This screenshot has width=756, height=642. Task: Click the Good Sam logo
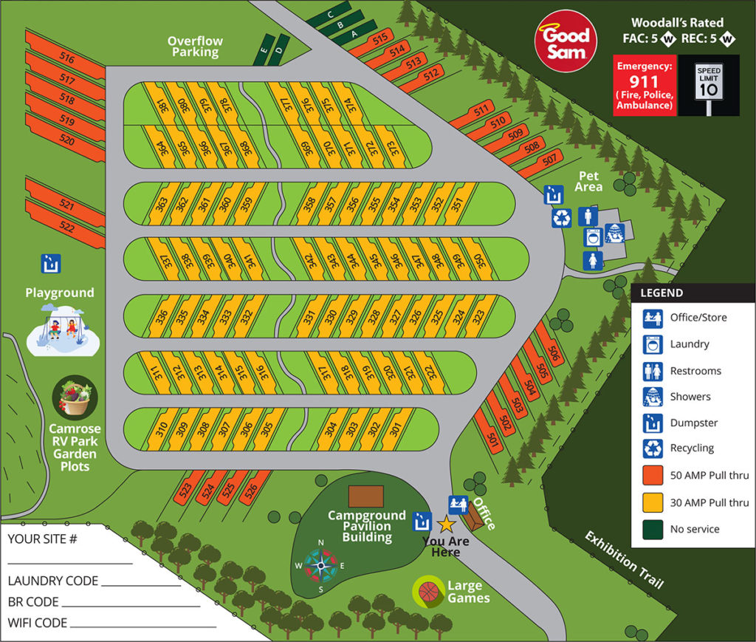[x=566, y=41]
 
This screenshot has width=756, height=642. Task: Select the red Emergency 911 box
[x=645, y=86]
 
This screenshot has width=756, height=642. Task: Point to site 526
[x=252, y=488]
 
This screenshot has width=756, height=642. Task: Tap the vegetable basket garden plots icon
[x=75, y=399]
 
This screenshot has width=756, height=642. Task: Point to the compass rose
[x=320, y=567]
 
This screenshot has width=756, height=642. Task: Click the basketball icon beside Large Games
[x=428, y=592]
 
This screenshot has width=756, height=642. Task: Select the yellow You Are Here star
[x=446, y=525]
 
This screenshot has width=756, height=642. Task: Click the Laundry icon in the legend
[x=652, y=344]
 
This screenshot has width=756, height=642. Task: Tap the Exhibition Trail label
[x=624, y=560]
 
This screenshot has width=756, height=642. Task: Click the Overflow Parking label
[x=195, y=47]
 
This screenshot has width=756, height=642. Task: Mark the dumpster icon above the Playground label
[x=51, y=262]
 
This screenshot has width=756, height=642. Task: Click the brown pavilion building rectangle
[x=365, y=496]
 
